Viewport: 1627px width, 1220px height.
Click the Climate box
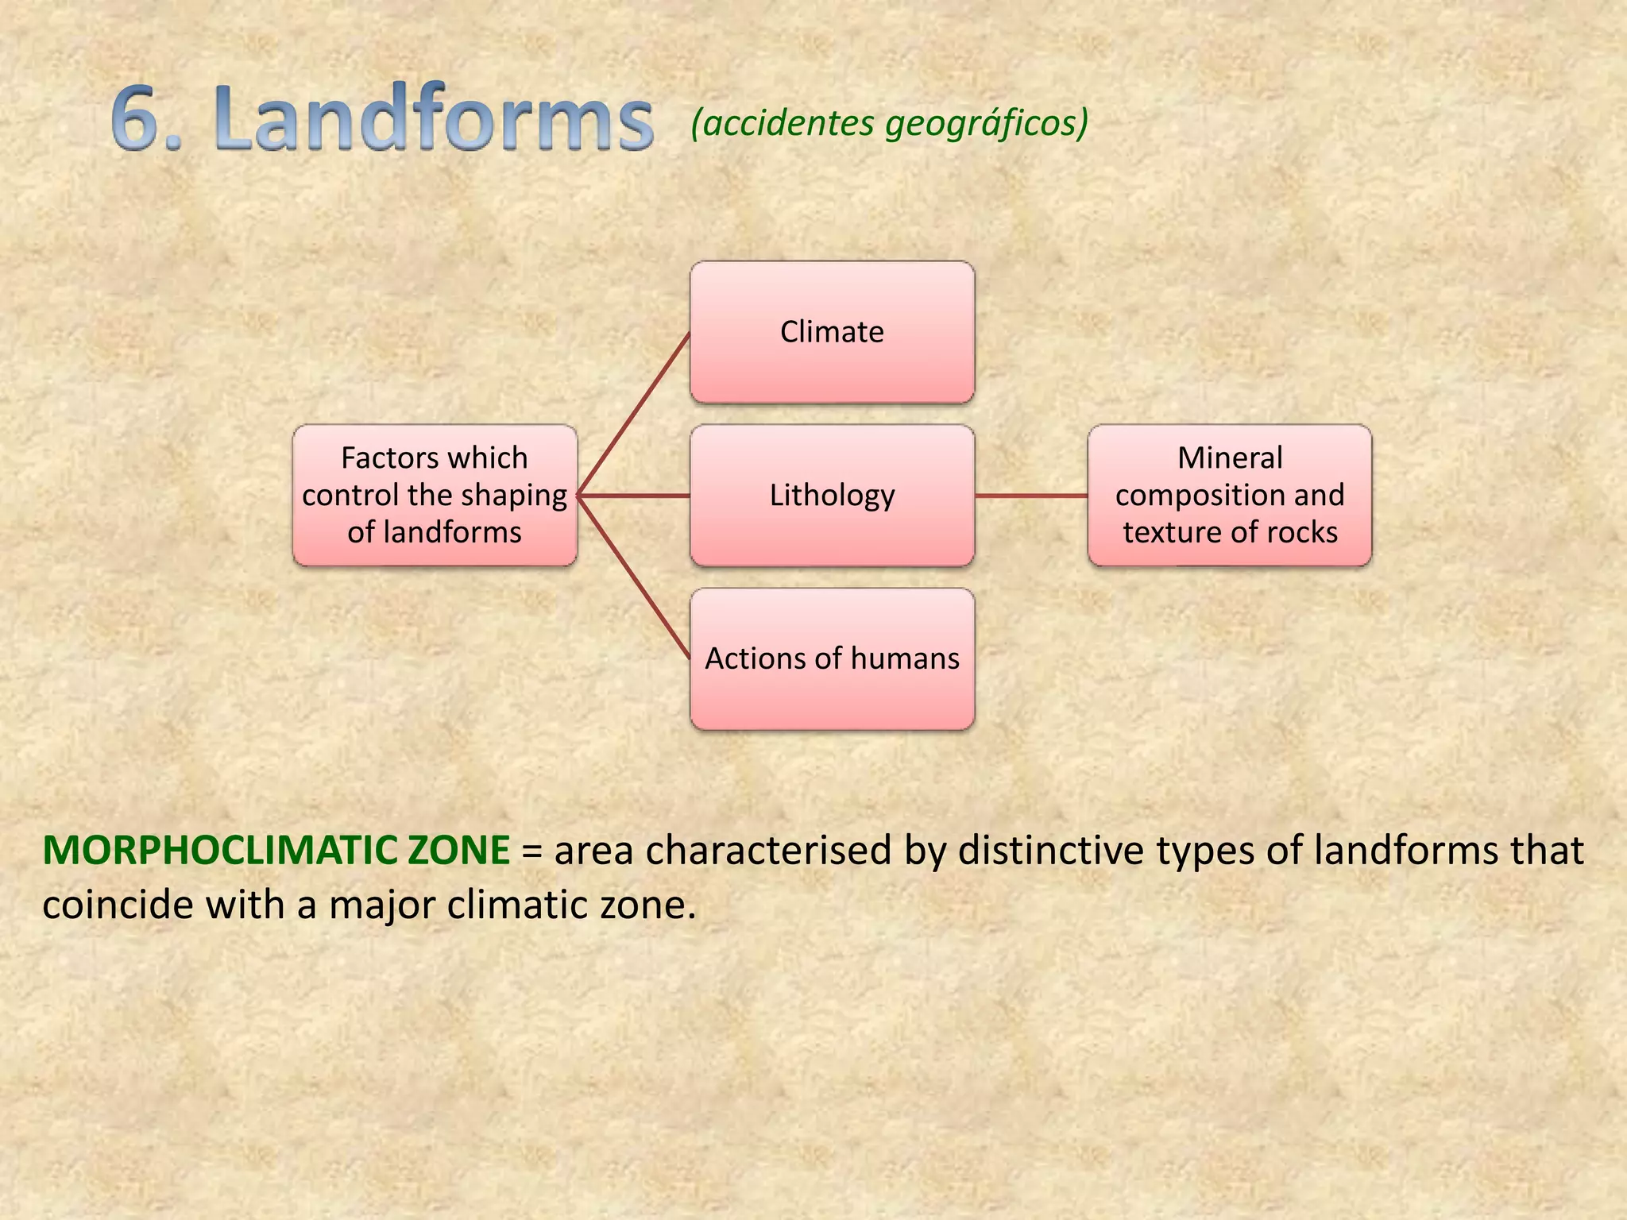pos(832,332)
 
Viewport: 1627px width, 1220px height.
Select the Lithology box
pos(832,496)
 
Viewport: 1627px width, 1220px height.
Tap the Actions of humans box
pos(832,659)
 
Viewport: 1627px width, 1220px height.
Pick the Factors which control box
pos(435,496)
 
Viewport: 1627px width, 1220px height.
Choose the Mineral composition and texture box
pos(1230,496)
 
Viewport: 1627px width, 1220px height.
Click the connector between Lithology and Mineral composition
pos(1031,496)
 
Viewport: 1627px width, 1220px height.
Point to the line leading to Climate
pos(634,415)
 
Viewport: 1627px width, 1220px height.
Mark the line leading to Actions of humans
pos(634,577)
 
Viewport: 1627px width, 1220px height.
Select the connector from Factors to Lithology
pos(634,496)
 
